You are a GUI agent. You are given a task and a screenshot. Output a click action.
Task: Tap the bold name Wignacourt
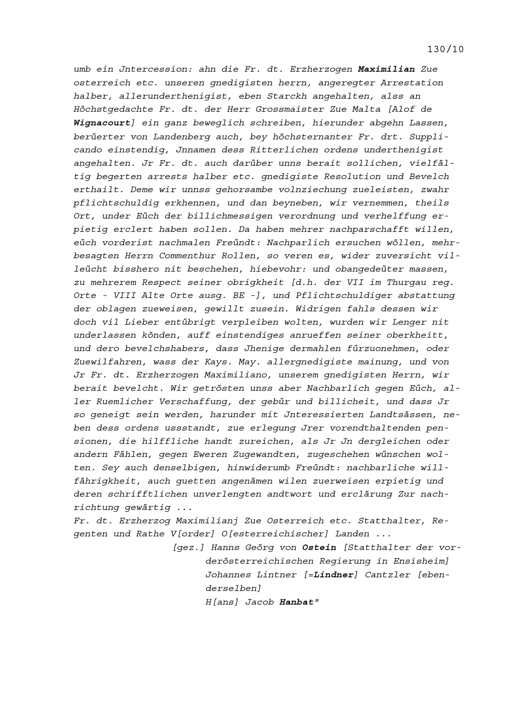coord(102,123)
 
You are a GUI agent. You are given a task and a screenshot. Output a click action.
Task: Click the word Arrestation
coord(411,83)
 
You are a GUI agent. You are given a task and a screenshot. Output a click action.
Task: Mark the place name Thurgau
coord(406,282)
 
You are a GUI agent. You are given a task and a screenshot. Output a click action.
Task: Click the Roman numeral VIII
coord(125,296)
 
